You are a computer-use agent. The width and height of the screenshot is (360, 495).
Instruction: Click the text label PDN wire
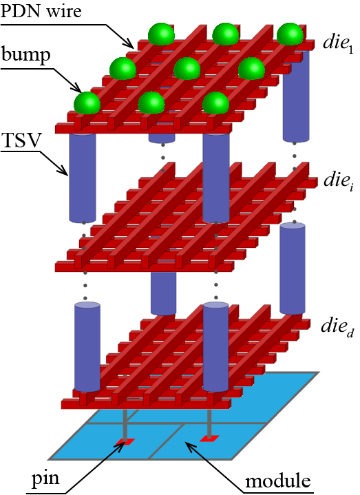41,11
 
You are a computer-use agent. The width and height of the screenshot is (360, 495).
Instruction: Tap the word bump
26,55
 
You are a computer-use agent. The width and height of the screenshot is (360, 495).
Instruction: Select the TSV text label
22,140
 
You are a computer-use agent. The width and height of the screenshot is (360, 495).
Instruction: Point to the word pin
45,479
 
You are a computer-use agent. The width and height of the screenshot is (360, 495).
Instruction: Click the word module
278,481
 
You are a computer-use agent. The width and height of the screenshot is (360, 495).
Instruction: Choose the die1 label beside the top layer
338,43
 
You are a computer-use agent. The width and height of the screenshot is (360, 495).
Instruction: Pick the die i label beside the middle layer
338,181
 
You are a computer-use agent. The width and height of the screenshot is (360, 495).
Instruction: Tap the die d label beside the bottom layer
337,326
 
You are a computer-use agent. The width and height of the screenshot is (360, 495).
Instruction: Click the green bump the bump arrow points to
87,103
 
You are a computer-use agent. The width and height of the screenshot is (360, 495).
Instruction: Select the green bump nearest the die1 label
290,34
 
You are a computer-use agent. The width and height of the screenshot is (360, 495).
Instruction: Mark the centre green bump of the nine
187,69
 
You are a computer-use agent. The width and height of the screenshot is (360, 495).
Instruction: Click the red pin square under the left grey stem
125,442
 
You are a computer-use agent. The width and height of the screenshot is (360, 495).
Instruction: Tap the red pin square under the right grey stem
209,438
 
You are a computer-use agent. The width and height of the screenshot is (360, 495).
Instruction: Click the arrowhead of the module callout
189,446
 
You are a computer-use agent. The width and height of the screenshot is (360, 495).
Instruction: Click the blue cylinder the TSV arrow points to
82,178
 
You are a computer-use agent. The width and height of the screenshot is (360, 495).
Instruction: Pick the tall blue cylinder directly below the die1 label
295,95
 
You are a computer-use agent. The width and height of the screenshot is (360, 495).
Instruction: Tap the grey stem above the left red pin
125,424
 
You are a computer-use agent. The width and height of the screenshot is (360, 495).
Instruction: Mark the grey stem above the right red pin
209,423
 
